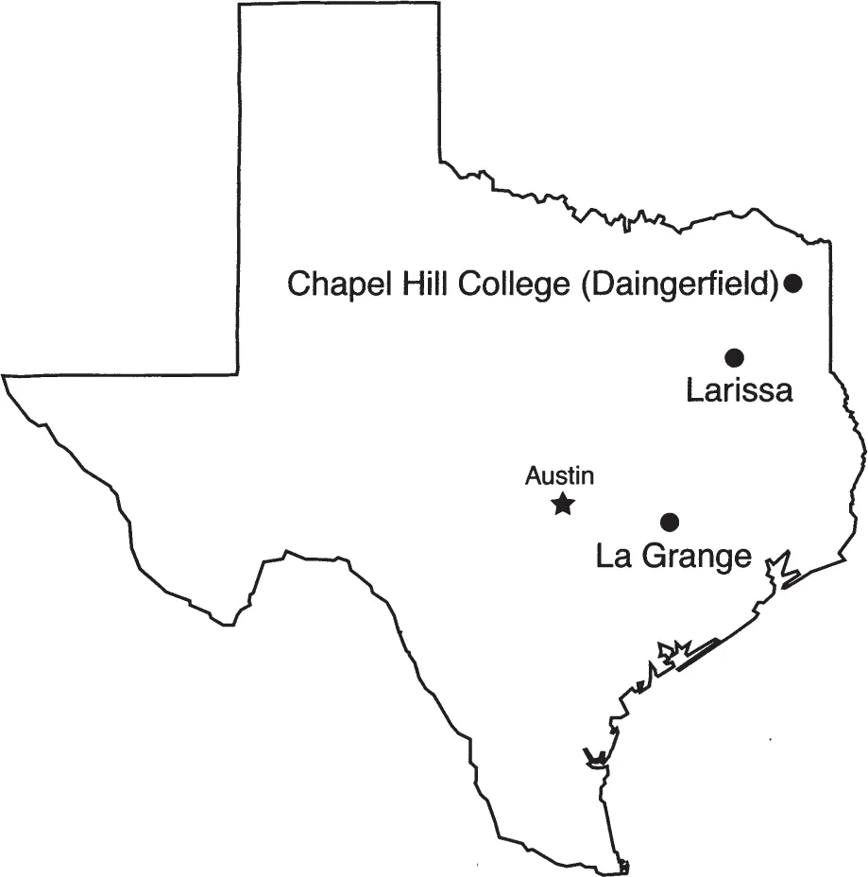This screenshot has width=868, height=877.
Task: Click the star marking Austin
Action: point(563,504)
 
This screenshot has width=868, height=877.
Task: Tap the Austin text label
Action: point(560,476)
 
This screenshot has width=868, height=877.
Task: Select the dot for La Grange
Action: point(671,521)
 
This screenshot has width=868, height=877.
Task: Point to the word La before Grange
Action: point(614,556)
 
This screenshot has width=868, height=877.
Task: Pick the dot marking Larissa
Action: point(735,357)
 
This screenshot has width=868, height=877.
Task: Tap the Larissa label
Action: point(739,390)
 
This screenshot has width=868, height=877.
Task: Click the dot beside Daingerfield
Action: point(793,283)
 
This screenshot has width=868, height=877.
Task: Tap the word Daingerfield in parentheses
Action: point(678,284)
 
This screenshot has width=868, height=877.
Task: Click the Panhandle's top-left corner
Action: point(238,6)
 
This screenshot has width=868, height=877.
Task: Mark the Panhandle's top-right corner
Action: point(439,4)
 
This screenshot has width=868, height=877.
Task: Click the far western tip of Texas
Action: point(4,376)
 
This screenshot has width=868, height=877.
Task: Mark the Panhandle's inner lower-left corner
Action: point(237,373)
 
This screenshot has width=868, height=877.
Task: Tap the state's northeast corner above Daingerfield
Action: point(830,243)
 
